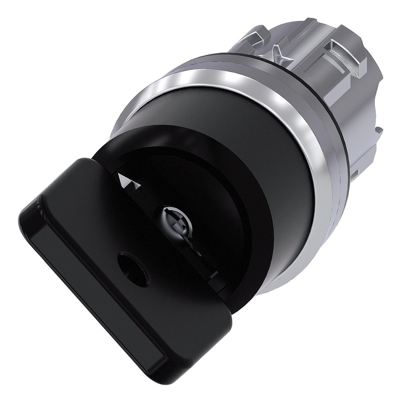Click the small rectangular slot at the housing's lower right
[355, 173]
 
